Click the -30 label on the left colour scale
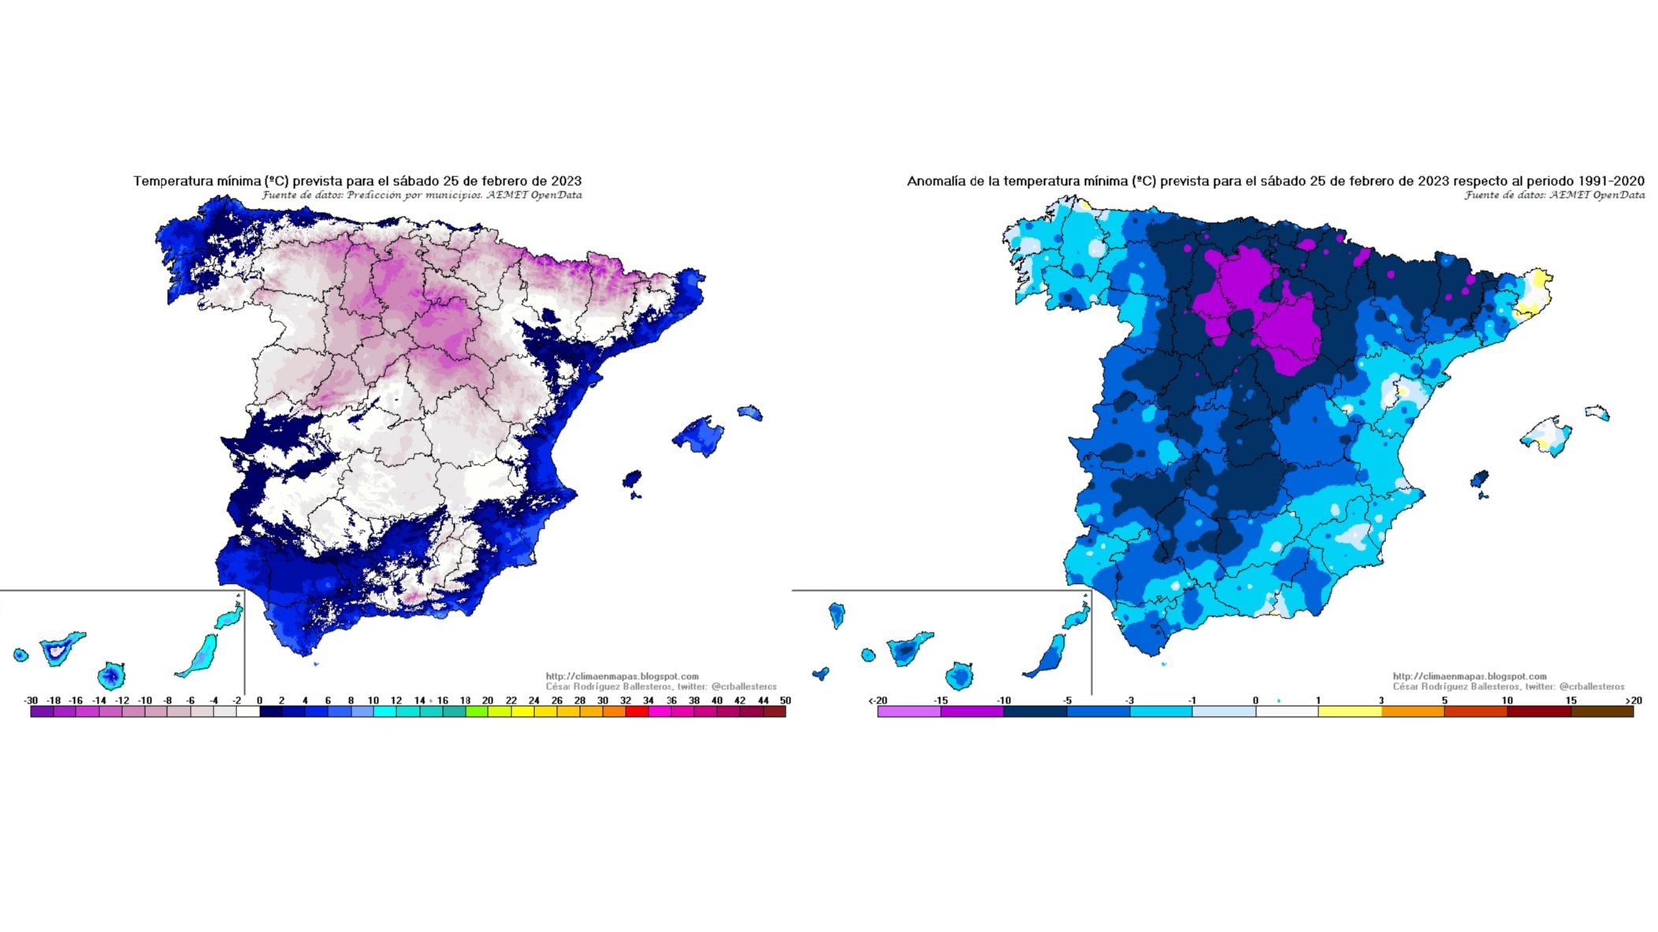tap(31, 700)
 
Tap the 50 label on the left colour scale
tap(785, 700)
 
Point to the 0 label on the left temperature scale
tap(259, 700)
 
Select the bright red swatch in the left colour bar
tap(637, 711)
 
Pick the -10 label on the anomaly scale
tap(1003, 700)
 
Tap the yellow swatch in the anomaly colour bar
tap(1349, 711)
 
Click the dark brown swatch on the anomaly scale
tap(1601, 711)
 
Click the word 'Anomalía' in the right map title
tap(934, 181)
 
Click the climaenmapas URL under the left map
tap(622, 676)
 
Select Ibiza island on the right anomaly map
tap(1479, 480)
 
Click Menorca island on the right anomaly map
tap(1598, 413)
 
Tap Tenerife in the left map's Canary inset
tap(60, 649)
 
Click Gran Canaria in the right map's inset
tap(959, 676)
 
